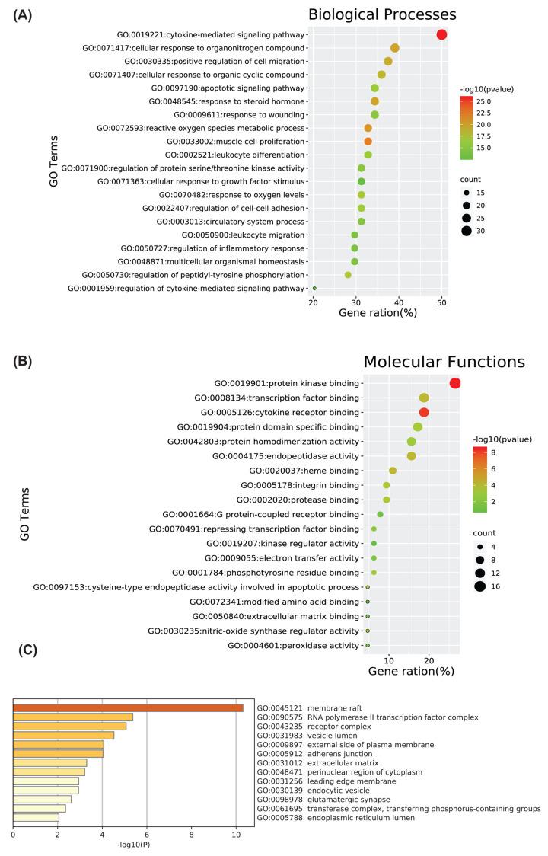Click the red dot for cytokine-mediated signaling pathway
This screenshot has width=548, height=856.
click(441, 34)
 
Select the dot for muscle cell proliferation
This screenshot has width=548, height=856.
click(368, 142)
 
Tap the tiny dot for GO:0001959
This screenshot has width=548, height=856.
click(314, 289)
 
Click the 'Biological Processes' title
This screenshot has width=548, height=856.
click(393, 14)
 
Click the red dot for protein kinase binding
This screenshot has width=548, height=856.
click(455, 383)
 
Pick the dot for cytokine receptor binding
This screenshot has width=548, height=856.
click(424, 412)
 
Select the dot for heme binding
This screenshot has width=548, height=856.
click(393, 471)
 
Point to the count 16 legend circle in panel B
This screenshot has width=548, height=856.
click(480, 586)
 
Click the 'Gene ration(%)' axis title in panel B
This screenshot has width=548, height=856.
click(411, 672)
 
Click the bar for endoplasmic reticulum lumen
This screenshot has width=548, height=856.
click(36, 817)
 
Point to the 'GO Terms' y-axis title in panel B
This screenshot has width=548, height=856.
click(25, 514)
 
